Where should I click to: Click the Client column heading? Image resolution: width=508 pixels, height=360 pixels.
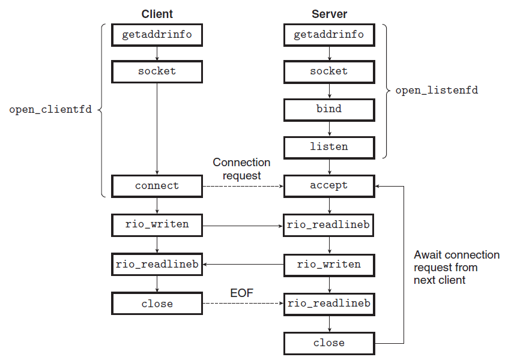[157, 14]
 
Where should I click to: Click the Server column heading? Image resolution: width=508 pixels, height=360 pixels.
[329, 14]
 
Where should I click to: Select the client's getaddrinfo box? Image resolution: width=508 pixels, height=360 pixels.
[157, 35]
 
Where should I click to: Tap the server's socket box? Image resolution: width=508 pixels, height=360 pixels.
[329, 71]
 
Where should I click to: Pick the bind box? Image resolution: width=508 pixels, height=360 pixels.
[329, 110]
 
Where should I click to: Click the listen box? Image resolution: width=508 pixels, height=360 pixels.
[329, 148]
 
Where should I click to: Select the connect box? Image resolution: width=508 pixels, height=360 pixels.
[157, 186]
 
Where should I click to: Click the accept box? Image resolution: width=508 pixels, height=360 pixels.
[329, 186]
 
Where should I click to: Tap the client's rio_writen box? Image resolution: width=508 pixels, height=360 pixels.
[157, 226]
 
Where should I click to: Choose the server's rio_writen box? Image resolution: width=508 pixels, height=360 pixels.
[329, 265]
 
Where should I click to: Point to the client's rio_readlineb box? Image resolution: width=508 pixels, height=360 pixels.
[157, 265]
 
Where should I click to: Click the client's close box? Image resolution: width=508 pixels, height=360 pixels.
[157, 304]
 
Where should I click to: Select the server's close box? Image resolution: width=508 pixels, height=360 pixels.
[329, 343]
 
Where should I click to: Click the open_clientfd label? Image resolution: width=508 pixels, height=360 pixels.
[50, 110]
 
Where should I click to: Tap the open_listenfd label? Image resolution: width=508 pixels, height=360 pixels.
[437, 91]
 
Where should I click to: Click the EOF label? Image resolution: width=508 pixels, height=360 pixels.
[241, 293]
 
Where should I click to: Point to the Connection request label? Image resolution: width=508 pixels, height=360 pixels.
[241, 169]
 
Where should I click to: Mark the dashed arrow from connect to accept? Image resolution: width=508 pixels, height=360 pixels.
[243, 186]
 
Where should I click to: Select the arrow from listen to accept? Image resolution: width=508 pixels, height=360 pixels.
[330, 167]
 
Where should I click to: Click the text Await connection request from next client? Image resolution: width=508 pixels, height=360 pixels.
[456, 268]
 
